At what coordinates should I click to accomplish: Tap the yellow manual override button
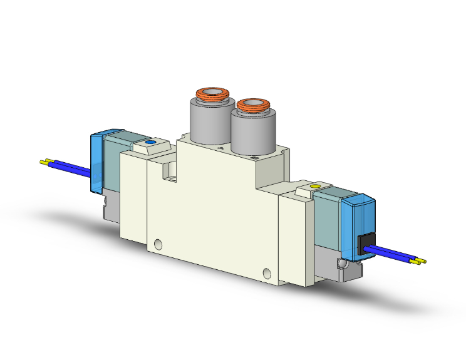pos(316,187)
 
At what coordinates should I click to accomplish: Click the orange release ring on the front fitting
pos(252,105)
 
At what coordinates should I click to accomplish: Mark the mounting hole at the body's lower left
pos(157,243)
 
